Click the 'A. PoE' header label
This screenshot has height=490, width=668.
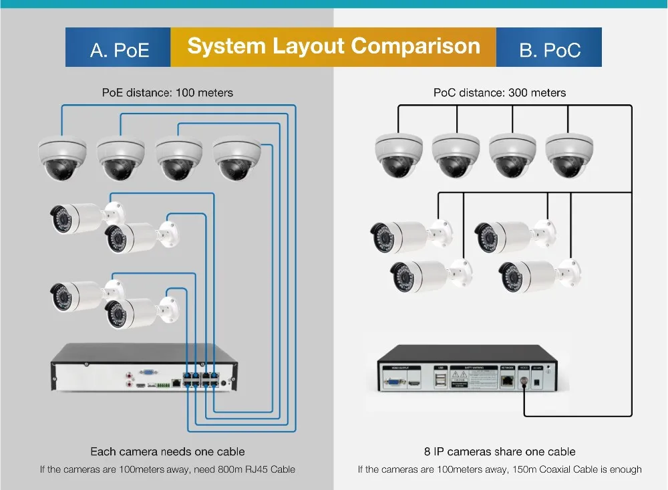point(120,49)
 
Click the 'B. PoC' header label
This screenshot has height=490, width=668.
point(550,49)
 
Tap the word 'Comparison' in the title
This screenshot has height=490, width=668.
point(415,46)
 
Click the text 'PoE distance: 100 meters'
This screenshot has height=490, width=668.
point(168,92)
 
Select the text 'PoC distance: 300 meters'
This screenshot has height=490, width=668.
point(500,92)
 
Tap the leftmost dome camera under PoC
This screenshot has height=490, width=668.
point(399,155)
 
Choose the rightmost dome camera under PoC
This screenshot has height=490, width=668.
point(570,155)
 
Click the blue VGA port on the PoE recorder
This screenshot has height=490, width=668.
point(149,373)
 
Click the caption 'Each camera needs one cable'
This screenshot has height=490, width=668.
point(168,452)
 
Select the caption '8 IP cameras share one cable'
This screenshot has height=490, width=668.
point(500,452)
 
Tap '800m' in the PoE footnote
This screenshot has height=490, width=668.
point(222,469)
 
